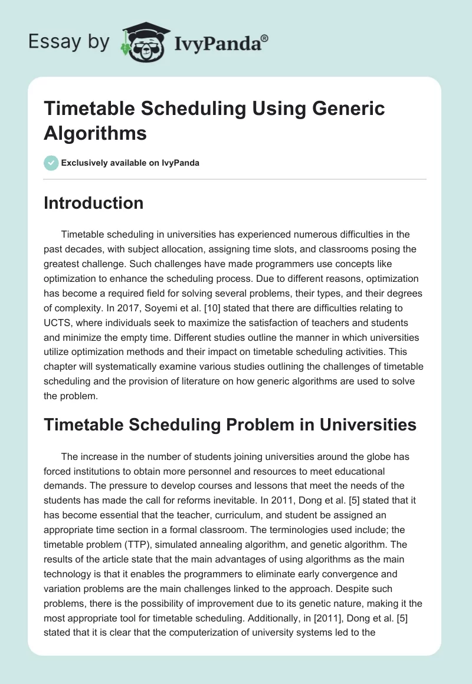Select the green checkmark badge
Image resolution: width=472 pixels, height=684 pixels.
pyautogui.click(x=51, y=163)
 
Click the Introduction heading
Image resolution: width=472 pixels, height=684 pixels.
pyautogui.click(x=93, y=203)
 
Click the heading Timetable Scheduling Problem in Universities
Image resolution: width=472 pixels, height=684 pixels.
pyautogui.click(x=230, y=425)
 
